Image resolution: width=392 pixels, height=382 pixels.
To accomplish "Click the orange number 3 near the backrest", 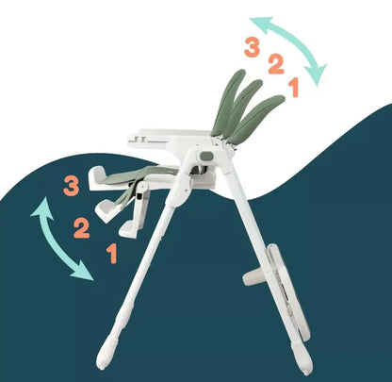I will (252, 45).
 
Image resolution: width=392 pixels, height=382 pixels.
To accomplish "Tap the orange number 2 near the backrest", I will (274, 65).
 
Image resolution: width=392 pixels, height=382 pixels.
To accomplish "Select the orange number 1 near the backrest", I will (294, 88).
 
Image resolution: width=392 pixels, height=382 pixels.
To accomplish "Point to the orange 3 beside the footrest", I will (71, 185).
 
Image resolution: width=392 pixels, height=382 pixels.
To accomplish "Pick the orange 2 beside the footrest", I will (82, 226).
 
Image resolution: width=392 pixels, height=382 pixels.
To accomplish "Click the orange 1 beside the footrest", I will (112, 253).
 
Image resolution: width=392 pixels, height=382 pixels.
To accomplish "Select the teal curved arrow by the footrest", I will (59, 241).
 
